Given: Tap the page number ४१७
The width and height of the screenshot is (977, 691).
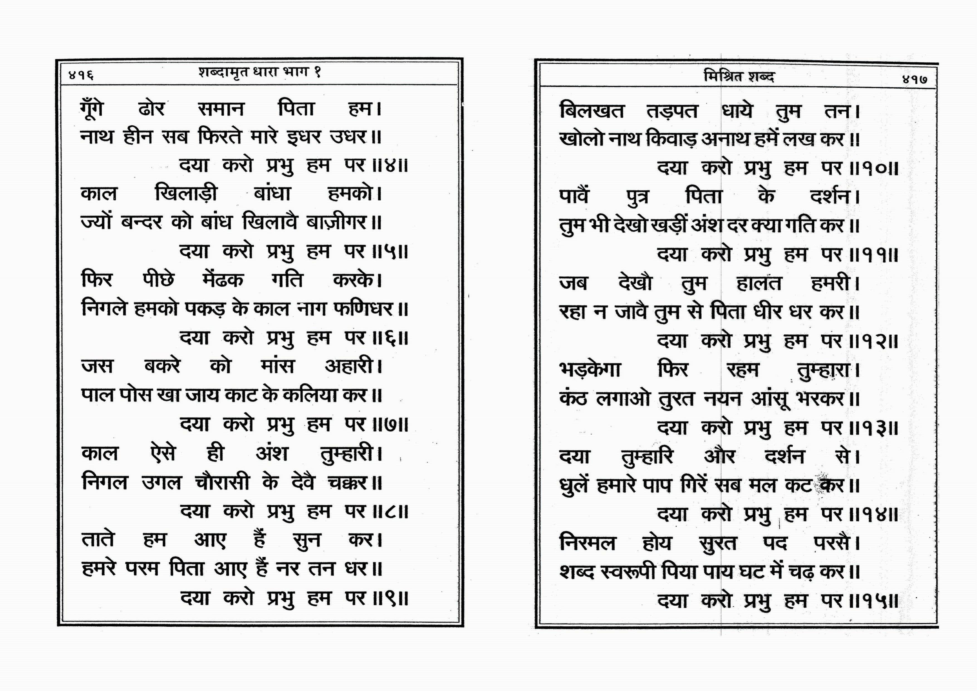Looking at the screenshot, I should point(914,79).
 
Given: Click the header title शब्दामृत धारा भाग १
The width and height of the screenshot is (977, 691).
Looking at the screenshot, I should point(259,72).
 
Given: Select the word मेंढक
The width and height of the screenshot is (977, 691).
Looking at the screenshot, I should point(222,280).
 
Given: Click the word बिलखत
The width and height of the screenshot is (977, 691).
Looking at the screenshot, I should point(591,111).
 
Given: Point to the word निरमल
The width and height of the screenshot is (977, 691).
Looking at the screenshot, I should point(587,543).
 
